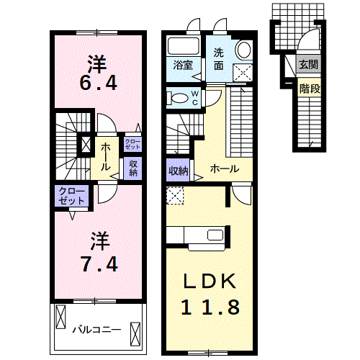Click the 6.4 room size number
(x=99, y=83)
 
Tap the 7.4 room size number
(x=99, y=264)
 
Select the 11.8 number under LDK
(x=210, y=307)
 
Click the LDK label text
(x=210, y=282)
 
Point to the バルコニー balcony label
(x=97, y=330)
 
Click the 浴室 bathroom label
(x=183, y=65)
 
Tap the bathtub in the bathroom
(x=184, y=46)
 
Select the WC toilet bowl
(x=179, y=98)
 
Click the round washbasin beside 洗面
(x=244, y=50)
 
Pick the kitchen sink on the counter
(x=215, y=235)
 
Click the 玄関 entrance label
(x=309, y=64)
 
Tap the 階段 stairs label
(x=310, y=89)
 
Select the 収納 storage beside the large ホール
(x=179, y=171)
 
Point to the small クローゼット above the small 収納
(x=132, y=144)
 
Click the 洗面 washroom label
(x=219, y=59)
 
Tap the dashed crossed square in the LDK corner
(x=175, y=196)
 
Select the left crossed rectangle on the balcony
(x=60, y=317)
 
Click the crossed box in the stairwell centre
(x=86, y=145)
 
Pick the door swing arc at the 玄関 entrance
(x=308, y=37)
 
